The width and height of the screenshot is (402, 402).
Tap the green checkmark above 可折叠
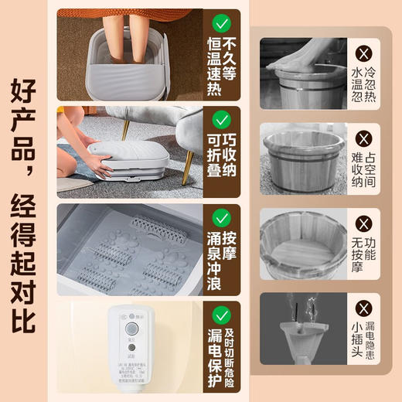click(222, 120)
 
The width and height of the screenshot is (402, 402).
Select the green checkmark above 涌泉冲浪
click(222, 217)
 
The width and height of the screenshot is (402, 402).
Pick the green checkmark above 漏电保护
click(222, 314)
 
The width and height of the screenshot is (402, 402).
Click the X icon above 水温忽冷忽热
click(364, 53)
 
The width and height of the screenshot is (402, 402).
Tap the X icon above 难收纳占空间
click(364, 139)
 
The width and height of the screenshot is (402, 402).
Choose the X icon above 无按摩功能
click(364, 226)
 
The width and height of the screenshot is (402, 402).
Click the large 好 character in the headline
click(25, 97)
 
